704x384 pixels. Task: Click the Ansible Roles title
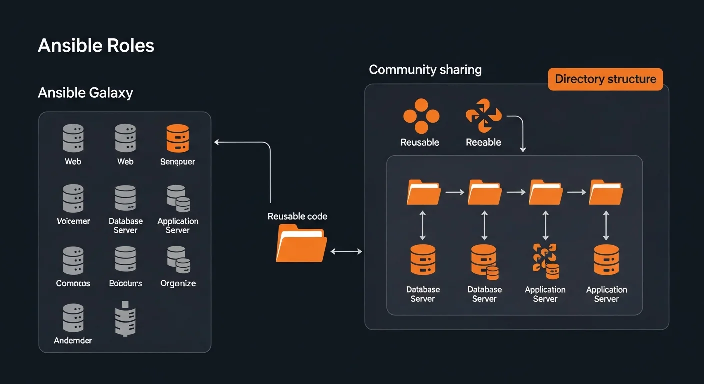(96, 46)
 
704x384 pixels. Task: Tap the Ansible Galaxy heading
(85, 93)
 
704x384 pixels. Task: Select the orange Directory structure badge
(605, 79)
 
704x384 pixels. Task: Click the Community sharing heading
(425, 69)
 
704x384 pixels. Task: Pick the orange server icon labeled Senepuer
(178, 138)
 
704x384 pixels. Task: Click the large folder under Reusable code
(301, 243)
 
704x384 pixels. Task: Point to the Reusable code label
(297, 216)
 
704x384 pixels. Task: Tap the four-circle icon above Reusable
(421, 116)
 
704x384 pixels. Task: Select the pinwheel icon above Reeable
(483, 116)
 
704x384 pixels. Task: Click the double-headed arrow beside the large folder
(346, 252)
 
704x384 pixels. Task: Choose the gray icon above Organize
(178, 260)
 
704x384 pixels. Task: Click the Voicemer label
(73, 221)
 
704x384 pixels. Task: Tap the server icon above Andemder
(73, 318)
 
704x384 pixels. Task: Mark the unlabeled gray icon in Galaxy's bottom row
(125, 319)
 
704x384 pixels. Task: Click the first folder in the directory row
(423, 192)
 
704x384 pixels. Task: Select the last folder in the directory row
(606, 192)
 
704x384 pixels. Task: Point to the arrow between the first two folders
(454, 192)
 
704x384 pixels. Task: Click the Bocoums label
(125, 283)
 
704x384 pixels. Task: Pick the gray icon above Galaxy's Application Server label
(178, 198)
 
